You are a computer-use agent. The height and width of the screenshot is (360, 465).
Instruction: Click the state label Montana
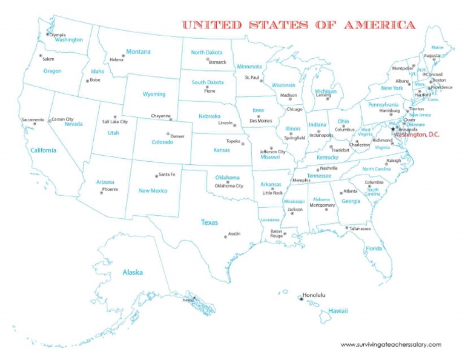138,52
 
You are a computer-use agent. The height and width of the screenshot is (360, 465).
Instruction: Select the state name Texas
209,222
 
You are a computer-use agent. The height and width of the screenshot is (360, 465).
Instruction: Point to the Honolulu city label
314,295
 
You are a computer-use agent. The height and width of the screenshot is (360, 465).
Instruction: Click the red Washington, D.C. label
417,135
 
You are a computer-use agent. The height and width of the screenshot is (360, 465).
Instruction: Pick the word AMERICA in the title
380,25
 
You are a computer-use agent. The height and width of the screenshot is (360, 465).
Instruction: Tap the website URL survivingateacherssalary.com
391,344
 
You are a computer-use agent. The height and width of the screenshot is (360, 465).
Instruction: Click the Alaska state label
133,272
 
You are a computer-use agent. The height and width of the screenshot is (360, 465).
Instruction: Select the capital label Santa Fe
167,175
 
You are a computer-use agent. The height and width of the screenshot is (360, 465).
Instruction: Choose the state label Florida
374,248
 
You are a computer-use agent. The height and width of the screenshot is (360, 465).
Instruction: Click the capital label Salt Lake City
114,121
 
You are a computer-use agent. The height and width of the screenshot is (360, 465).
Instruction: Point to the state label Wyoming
154,95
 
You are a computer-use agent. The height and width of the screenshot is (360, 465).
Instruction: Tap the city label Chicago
294,110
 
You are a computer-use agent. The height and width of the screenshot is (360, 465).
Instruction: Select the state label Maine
437,47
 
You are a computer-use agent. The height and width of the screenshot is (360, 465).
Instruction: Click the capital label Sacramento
33,119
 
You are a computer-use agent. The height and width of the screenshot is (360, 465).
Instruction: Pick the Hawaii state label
338,311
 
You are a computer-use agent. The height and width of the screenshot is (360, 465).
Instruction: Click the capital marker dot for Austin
225,236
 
